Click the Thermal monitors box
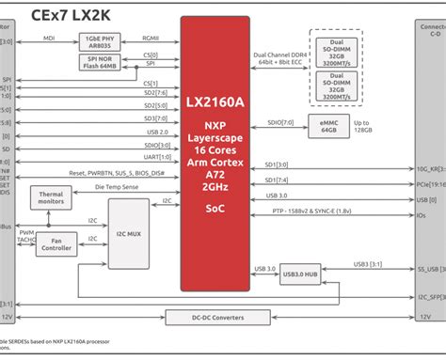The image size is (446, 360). tap(51, 197)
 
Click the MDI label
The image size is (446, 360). tap(48, 39)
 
